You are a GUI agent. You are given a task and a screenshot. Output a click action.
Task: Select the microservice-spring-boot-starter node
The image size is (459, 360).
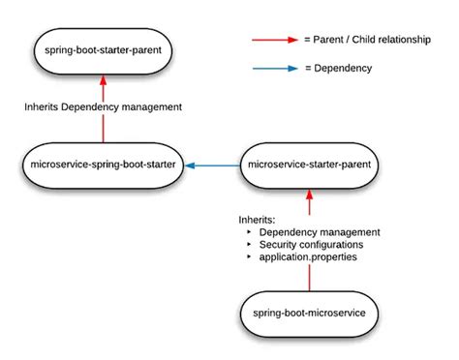[x=103, y=165]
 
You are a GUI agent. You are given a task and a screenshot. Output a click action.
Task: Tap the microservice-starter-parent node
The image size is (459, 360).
[x=309, y=165]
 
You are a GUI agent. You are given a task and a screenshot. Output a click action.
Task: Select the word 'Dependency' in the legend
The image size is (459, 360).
[x=352, y=69]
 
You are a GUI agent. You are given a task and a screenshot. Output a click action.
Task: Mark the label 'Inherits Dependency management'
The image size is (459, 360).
[x=103, y=108]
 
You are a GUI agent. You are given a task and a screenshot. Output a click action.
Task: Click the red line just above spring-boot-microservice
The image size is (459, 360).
[x=309, y=278]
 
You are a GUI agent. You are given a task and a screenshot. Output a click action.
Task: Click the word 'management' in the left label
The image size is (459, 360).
[x=150, y=108]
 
